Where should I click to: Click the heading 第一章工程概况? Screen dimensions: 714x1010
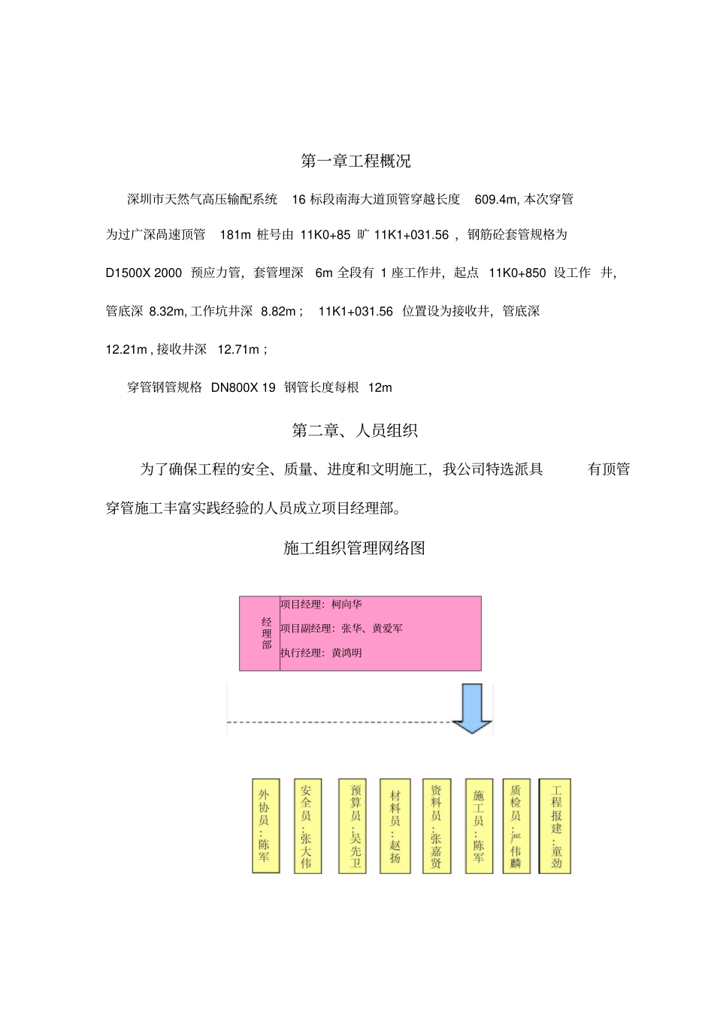point(355,161)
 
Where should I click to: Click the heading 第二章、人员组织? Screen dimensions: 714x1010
point(355,430)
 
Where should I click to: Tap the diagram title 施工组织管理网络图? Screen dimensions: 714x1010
point(354,548)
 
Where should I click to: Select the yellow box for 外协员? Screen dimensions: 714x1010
point(265,825)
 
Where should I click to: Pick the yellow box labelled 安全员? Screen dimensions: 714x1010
point(307,825)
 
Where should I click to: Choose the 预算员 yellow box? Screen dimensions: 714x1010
point(352,825)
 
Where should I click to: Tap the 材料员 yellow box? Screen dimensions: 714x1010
point(395,825)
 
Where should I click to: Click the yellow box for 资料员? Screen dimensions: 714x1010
point(437,825)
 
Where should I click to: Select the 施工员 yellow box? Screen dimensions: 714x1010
point(479,825)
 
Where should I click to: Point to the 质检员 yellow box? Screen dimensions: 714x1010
point(516,825)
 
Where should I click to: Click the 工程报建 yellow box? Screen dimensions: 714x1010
point(555,825)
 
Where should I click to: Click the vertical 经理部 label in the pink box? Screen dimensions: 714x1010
point(267,633)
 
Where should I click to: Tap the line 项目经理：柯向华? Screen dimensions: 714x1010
point(321,604)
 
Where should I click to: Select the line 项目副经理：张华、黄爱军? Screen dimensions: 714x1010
point(341,629)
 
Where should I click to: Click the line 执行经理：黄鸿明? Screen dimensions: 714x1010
point(321,653)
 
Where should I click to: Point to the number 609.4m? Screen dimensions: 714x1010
point(496,199)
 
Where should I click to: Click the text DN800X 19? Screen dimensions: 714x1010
point(243,387)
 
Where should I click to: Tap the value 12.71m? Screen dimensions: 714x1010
point(238,349)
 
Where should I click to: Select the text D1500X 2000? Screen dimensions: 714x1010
point(144,273)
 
